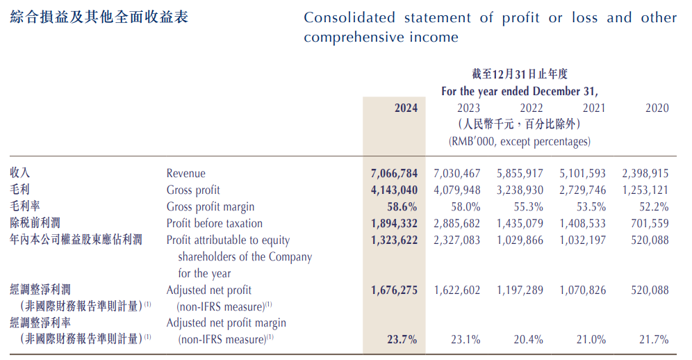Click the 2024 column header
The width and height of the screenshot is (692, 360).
[x=406, y=108]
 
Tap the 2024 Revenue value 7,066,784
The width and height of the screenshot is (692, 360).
[x=395, y=173]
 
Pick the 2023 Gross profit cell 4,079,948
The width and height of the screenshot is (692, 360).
[x=456, y=190]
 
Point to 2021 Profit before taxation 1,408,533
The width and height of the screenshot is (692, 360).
[x=582, y=223]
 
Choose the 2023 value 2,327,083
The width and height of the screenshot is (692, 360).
[x=456, y=240]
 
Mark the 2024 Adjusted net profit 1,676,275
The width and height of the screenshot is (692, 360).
[x=395, y=290]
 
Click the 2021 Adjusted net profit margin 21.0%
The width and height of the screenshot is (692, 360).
[x=591, y=340]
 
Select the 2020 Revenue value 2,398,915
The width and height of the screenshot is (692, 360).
[x=645, y=173]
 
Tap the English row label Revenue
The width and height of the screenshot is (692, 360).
[x=186, y=173]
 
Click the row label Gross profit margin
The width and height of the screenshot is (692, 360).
[x=211, y=206]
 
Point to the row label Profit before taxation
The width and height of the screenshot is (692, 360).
[x=215, y=223]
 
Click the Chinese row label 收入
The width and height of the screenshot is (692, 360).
[x=20, y=172]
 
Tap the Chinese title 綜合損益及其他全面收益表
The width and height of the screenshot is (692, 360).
[x=99, y=17]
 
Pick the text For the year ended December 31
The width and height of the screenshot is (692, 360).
[x=520, y=91]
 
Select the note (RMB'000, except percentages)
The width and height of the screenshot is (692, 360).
[x=520, y=141]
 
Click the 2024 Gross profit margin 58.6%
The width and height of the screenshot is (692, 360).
[x=402, y=206]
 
